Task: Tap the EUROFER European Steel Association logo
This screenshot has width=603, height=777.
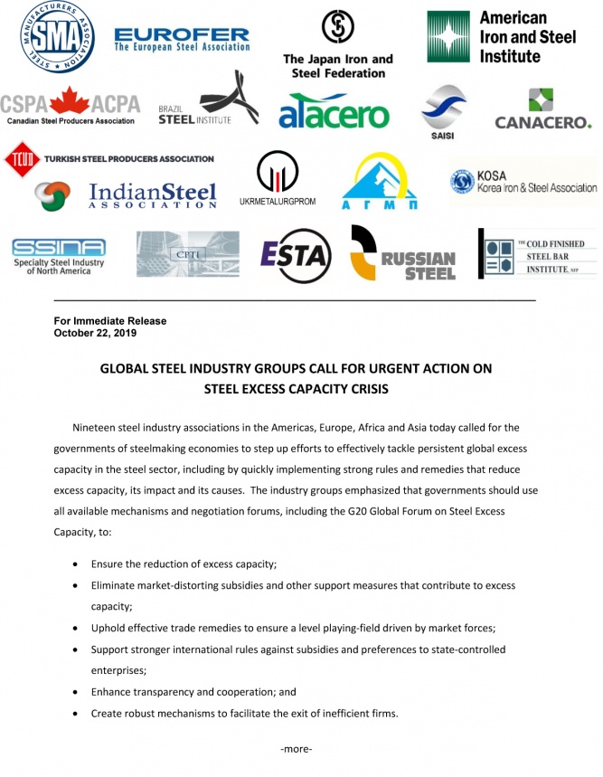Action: point(182,40)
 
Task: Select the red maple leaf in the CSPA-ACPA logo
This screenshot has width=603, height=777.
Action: point(69,101)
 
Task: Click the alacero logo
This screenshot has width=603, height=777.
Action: point(334,114)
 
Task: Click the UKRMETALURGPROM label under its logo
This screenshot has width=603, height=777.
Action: point(278,201)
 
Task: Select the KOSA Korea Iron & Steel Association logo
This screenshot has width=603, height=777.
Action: point(523,184)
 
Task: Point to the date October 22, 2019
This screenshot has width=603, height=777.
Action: point(95,333)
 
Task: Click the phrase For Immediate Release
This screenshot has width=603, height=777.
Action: point(110,321)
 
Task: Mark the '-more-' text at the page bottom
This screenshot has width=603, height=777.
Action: point(297,749)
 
